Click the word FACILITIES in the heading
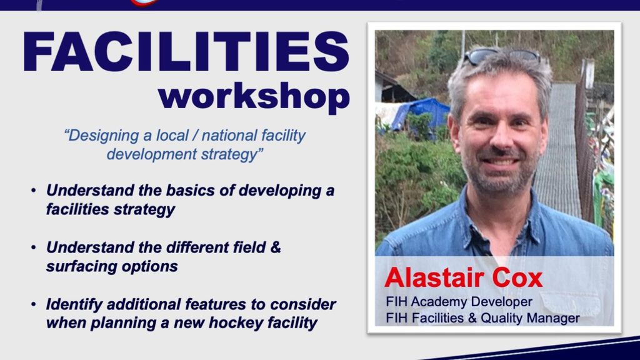(186, 52)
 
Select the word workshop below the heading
(254, 97)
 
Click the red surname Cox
(517, 277)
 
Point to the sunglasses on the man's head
(501, 56)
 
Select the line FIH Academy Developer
(459, 302)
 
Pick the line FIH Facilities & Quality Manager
(482, 318)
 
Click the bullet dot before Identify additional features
(34, 304)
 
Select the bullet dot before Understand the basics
(34, 191)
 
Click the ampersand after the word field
(276, 247)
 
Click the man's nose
(501, 137)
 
